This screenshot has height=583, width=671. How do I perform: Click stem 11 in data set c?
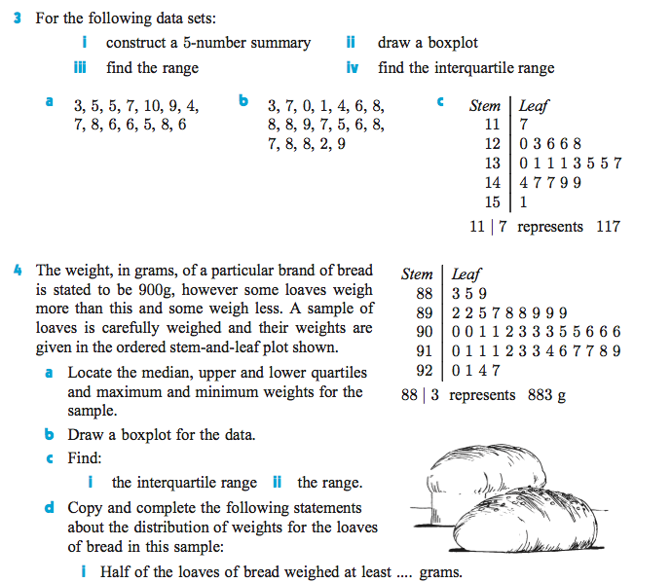pyautogui.click(x=491, y=125)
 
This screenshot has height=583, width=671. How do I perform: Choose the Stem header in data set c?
pyautogui.click(x=484, y=106)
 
